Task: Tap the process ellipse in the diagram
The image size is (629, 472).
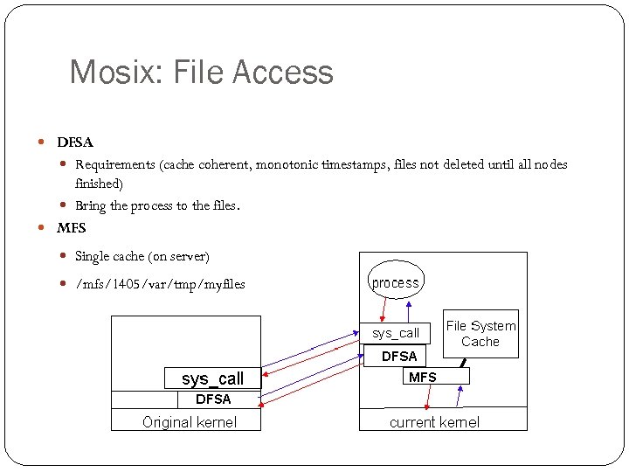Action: (396, 282)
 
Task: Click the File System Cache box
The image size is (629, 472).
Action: (480, 334)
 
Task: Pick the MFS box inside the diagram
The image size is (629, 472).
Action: (423, 377)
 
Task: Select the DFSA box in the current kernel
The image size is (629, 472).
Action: (399, 356)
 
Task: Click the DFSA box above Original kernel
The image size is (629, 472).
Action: (213, 399)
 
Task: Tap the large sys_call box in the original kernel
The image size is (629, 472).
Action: (212, 378)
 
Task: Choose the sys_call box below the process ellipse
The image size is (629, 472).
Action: (396, 333)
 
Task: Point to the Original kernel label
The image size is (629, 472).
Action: (189, 422)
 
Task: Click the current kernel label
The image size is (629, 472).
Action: (434, 422)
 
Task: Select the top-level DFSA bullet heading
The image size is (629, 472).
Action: (75, 142)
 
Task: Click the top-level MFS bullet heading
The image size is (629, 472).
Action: (72, 228)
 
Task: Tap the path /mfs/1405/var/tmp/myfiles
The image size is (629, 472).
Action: (160, 284)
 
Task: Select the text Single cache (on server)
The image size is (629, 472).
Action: (142, 256)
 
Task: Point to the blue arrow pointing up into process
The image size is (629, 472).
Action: (411, 310)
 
